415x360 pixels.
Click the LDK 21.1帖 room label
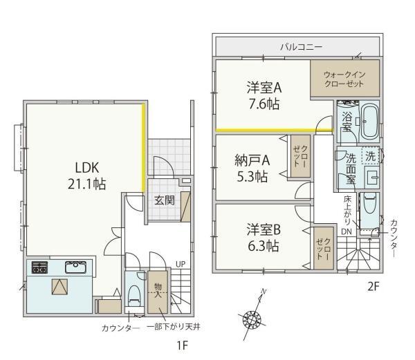(x=87, y=176)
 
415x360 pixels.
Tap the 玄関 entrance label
(x=165, y=200)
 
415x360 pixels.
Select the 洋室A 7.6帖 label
(x=264, y=95)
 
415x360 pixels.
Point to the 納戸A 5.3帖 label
(x=252, y=168)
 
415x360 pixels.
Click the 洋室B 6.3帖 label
(x=264, y=238)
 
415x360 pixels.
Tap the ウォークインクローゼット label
(x=344, y=79)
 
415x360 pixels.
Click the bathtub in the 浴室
(x=370, y=122)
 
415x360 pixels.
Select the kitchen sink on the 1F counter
(x=75, y=267)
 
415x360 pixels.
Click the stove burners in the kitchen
(x=39, y=267)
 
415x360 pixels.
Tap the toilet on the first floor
(x=134, y=296)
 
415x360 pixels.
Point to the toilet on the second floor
(x=370, y=203)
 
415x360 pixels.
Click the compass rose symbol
(x=252, y=319)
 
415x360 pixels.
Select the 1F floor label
(x=182, y=345)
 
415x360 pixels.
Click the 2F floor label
(x=373, y=286)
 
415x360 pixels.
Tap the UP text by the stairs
(x=181, y=264)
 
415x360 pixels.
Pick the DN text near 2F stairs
(x=347, y=231)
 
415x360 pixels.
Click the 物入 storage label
(x=158, y=291)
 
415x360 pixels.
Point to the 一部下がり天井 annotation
(x=174, y=328)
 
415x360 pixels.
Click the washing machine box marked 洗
(x=370, y=156)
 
